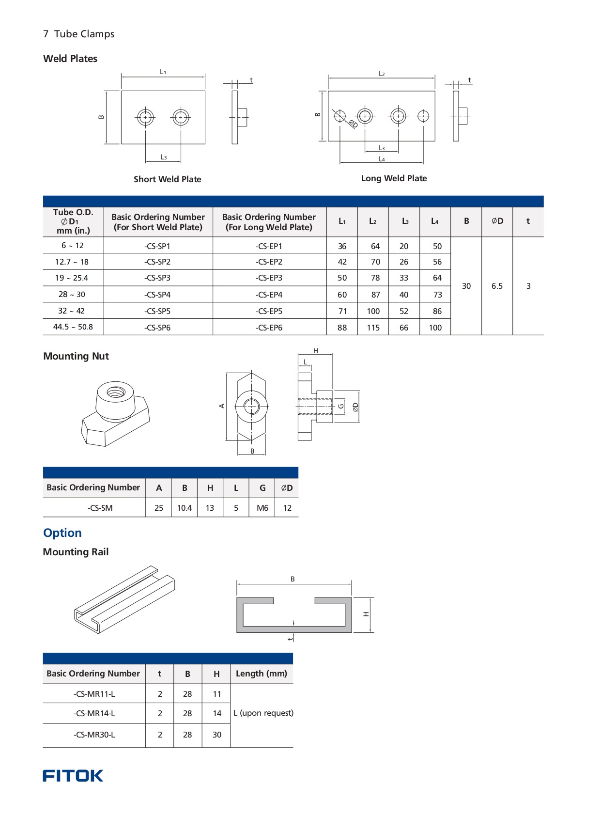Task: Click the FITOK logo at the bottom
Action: click(x=73, y=775)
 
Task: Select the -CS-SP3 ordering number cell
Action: click(x=157, y=278)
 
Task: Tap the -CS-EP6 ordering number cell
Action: click(x=269, y=328)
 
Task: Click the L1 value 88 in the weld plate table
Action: click(x=342, y=328)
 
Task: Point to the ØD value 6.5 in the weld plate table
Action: click(x=497, y=286)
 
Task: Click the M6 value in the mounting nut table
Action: click(x=262, y=508)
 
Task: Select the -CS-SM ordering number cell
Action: click(x=100, y=508)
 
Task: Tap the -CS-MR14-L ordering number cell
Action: click(x=94, y=713)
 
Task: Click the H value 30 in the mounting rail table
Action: click(x=217, y=735)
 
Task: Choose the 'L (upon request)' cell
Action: click(x=263, y=713)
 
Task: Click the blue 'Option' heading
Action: click(x=62, y=533)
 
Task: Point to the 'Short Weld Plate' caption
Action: click(x=167, y=179)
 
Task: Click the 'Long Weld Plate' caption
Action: click(x=394, y=178)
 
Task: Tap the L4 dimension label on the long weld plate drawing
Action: click(x=382, y=159)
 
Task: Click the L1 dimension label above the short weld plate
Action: click(x=163, y=72)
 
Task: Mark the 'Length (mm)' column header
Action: click(x=261, y=674)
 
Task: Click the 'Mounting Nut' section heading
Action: click(x=76, y=356)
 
